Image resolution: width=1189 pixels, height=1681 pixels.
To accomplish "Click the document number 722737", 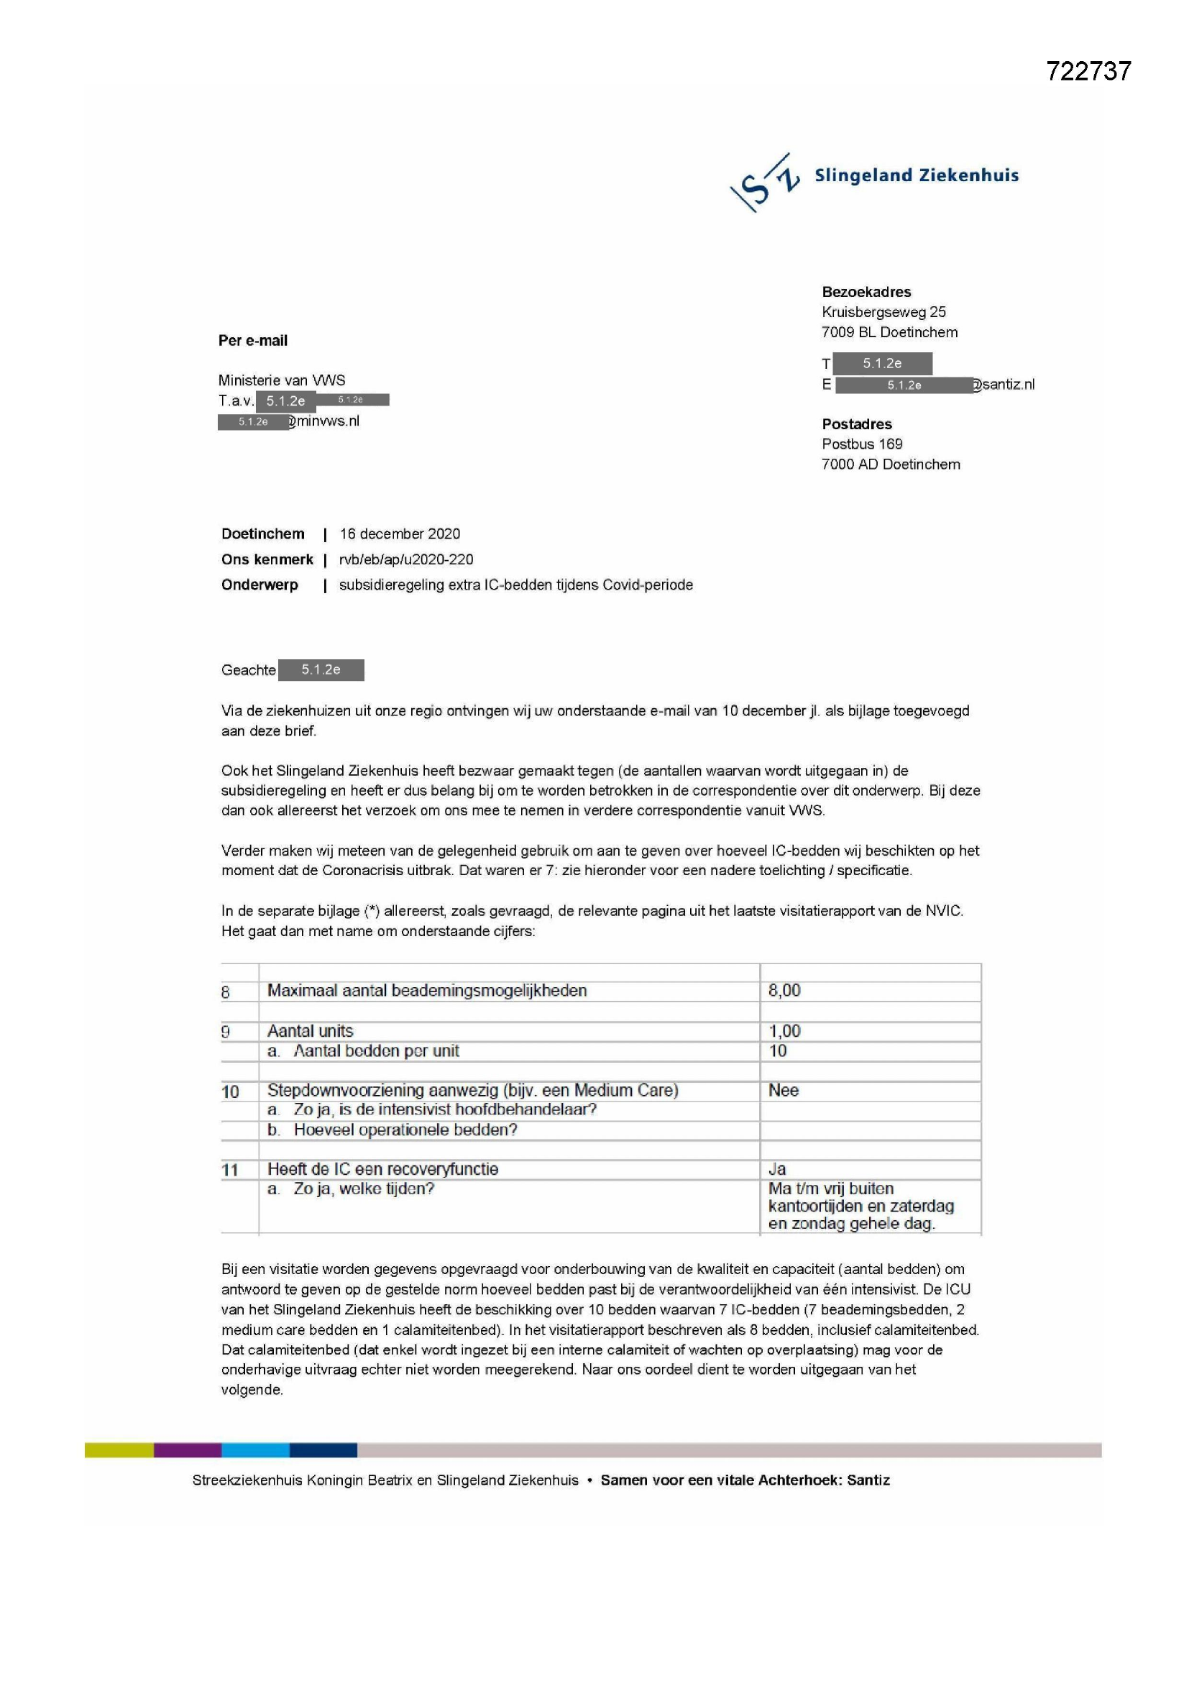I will click(1088, 71).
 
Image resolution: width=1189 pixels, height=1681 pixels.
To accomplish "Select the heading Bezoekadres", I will click(866, 292).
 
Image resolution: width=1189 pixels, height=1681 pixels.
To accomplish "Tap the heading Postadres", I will click(857, 424).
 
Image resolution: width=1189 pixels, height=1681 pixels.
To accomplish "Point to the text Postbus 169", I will click(862, 444).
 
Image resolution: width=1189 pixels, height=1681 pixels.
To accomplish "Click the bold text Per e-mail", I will click(252, 341).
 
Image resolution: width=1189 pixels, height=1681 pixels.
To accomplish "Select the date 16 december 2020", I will click(400, 533).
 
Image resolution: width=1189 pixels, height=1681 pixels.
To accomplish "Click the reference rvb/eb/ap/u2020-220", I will click(405, 559).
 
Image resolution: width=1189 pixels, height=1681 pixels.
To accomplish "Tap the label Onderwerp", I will click(260, 585).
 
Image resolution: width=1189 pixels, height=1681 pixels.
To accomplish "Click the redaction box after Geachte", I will click(321, 670).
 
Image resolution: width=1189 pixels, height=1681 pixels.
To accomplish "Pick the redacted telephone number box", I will click(881, 363).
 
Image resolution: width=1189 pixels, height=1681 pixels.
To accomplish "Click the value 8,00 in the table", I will click(784, 991).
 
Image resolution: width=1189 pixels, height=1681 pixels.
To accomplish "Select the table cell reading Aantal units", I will click(310, 1031).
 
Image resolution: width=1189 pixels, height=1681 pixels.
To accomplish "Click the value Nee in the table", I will click(783, 1090).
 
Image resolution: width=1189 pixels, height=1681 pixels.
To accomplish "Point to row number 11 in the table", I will click(230, 1170).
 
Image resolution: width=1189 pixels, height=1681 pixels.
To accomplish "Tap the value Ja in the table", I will click(777, 1169).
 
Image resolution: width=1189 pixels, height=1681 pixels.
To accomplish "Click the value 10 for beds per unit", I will click(777, 1050).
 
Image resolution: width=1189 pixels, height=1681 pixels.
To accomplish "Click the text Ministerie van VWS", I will click(281, 380).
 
